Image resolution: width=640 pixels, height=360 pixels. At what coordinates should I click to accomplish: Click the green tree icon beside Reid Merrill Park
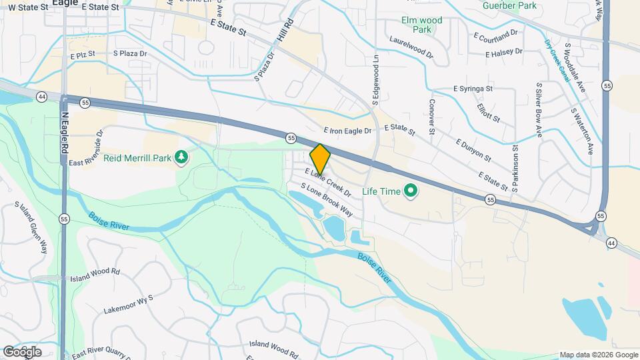[181, 157]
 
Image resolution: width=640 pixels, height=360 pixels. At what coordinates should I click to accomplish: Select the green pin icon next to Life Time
[411, 192]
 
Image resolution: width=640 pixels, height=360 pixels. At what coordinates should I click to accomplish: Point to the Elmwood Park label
[421, 25]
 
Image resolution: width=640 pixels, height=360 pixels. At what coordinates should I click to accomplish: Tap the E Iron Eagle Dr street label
[347, 131]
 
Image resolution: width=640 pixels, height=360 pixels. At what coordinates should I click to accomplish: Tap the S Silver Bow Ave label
[539, 110]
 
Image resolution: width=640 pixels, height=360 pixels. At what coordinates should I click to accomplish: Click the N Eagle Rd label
[65, 133]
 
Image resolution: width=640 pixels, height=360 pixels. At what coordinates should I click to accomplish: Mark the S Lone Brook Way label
[327, 200]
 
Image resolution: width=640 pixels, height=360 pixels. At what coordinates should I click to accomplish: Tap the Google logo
[21, 351]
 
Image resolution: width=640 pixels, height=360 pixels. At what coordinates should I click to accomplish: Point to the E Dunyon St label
[473, 151]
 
